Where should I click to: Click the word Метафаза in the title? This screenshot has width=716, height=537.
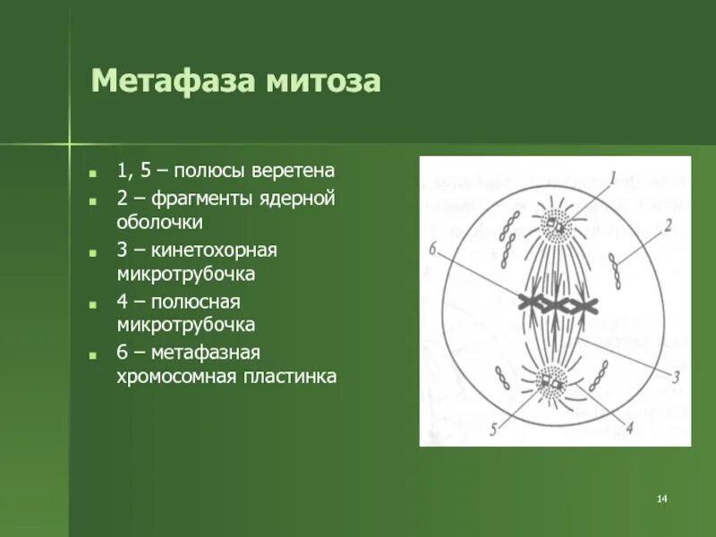click(170, 83)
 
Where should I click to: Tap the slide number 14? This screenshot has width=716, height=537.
click(662, 499)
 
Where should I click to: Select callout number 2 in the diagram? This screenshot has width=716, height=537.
click(667, 227)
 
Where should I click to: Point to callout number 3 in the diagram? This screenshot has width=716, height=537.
click(677, 375)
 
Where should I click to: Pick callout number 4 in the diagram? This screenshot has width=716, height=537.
click(629, 428)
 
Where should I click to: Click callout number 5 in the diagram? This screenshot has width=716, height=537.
click(492, 430)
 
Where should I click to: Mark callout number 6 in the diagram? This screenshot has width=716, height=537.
click(432, 250)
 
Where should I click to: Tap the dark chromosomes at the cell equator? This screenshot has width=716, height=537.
click(557, 305)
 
